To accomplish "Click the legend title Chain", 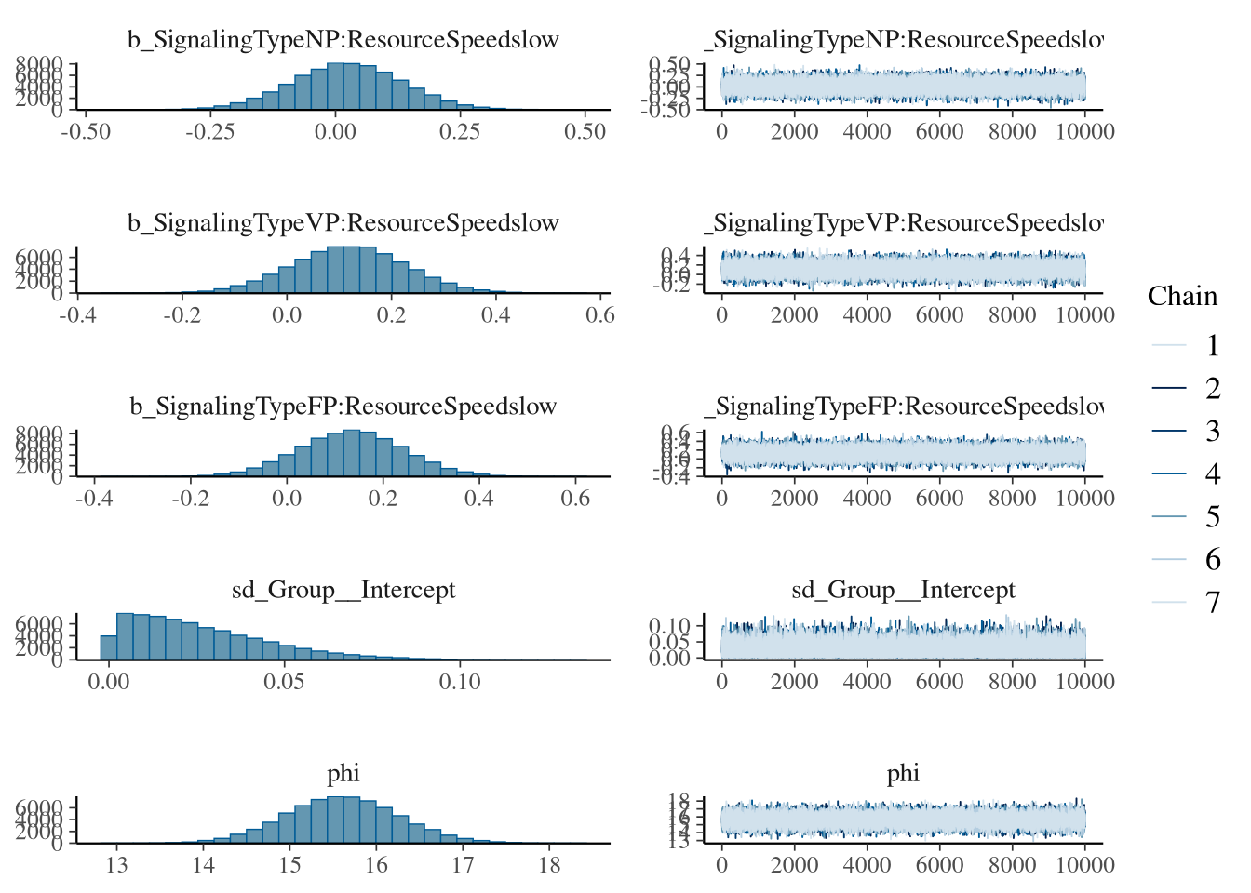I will pyautogui.click(x=1182, y=296).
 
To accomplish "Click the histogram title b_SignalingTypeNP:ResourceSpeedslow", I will pyautogui.click(x=343, y=40).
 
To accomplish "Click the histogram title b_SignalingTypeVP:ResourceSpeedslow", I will pyautogui.click(x=343, y=223).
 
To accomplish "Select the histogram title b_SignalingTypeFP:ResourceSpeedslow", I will pyautogui.click(x=343, y=407).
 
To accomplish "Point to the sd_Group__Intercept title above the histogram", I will pyautogui.click(x=343, y=590).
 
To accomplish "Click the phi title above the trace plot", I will pyautogui.click(x=903, y=773).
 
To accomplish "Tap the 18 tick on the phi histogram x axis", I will pyautogui.click(x=549, y=865).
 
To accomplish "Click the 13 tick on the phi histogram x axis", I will pyautogui.click(x=116, y=865).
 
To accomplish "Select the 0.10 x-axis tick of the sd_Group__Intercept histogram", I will pyautogui.click(x=460, y=682).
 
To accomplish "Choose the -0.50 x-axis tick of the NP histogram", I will pyautogui.click(x=86, y=132).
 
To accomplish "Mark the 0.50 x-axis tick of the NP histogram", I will pyautogui.click(x=585, y=132).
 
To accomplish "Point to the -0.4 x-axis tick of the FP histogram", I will pyautogui.click(x=94, y=499).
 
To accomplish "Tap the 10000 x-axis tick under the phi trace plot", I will pyautogui.click(x=1085, y=865).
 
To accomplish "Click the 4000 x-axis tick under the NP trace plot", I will pyautogui.click(x=867, y=132).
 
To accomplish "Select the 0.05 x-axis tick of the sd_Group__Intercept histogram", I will pyautogui.click(x=284, y=682).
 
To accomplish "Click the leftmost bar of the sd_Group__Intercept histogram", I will pyautogui.click(x=109, y=648).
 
